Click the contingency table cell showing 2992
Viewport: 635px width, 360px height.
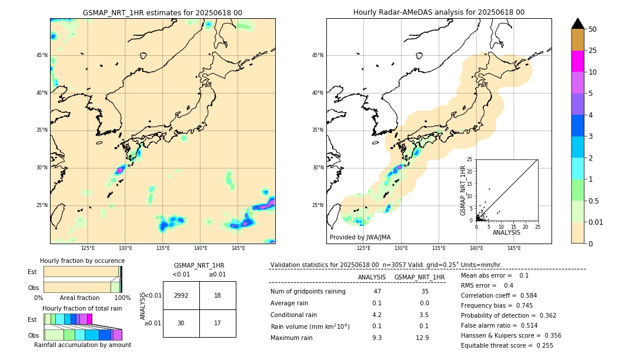point(181,295)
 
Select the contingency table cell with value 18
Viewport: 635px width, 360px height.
point(218,295)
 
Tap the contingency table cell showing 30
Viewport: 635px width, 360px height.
point(181,323)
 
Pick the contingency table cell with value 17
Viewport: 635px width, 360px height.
point(218,323)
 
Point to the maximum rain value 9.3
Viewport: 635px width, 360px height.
point(377,338)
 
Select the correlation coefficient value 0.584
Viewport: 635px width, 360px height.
point(525,295)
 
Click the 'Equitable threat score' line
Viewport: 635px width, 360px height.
point(507,345)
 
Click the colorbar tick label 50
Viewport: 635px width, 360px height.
point(593,29)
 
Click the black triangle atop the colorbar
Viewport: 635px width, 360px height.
point(578,24)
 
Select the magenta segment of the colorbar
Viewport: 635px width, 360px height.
point(578,61)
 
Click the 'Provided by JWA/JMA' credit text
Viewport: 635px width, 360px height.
point(360,237)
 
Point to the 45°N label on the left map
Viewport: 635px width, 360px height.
point(42,55)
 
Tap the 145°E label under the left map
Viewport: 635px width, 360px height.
point(238,248)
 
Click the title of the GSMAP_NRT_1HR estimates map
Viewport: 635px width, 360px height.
point(162,12)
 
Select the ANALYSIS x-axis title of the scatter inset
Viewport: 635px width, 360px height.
point(506,232)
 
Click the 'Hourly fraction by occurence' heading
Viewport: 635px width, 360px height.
point(82,261)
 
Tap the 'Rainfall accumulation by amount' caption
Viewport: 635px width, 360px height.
point(82,345)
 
